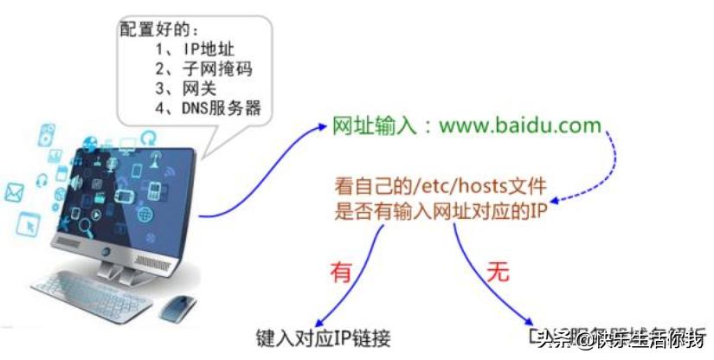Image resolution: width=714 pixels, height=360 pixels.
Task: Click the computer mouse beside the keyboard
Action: tap(178, 305)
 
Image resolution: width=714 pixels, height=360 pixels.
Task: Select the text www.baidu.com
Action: tap(519, 125)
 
